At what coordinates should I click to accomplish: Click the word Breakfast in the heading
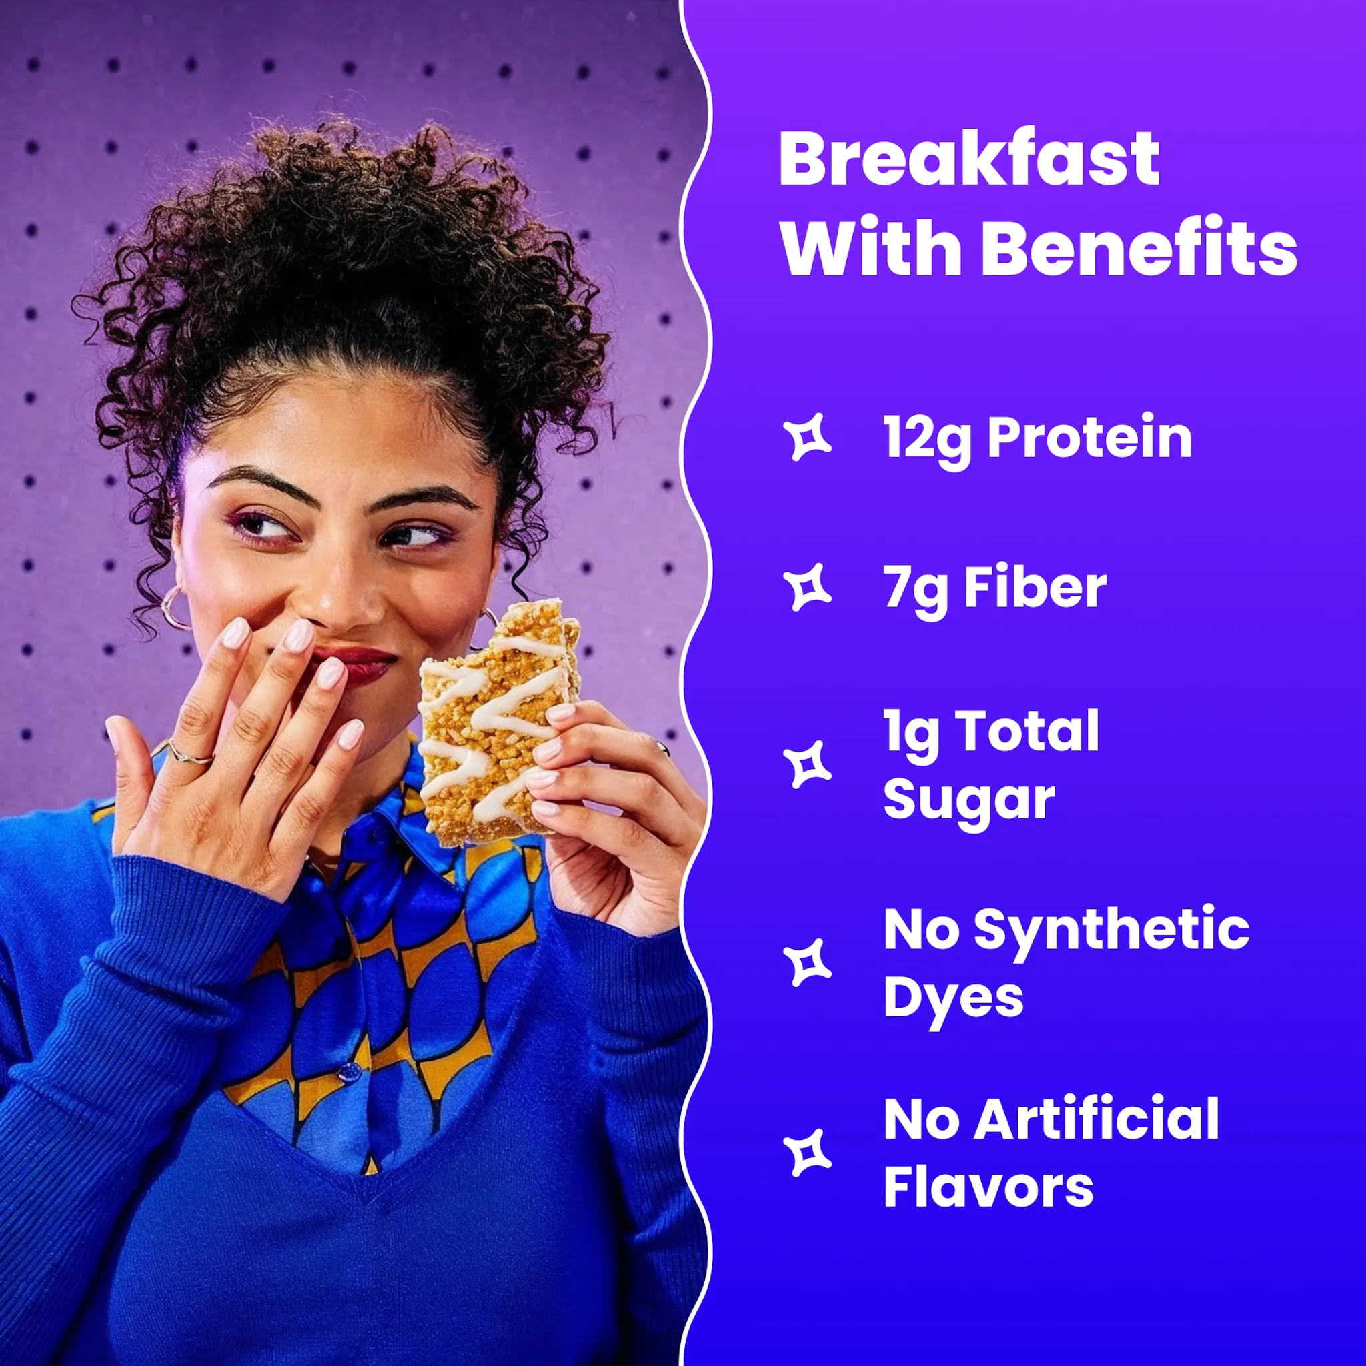point(968,159)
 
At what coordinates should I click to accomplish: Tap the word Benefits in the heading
point(1139,249)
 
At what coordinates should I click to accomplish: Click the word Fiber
point(1035,588)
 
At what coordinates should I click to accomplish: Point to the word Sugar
point(968,800)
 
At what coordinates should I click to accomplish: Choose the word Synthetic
point(1111,930)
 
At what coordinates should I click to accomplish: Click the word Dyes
point(953,998)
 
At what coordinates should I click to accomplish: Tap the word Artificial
point(1097,1120)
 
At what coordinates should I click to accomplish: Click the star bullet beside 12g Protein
point(808,438)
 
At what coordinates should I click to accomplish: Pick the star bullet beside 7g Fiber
point(808,588)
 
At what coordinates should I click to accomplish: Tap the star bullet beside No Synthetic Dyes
point(808,963)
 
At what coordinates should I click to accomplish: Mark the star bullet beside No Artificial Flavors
point(808,1153)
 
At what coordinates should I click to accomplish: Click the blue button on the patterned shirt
point(350,1072)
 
